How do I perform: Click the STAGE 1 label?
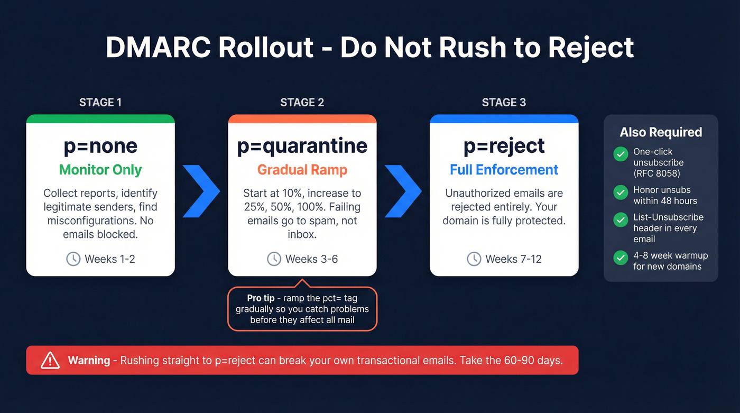point(100,103)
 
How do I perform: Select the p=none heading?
point(100,146)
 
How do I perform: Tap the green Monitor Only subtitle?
point(100,170)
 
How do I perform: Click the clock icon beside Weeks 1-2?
point(73,259)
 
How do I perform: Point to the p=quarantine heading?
point(302,146)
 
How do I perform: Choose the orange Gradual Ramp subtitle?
point(302,170)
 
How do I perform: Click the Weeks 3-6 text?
point(311,259)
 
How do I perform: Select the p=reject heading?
point(504,146)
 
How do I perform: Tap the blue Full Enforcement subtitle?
point(504,170)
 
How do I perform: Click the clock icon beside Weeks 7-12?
point(474,259)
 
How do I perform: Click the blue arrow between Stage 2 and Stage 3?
point(403,191)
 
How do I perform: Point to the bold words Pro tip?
point(261,298)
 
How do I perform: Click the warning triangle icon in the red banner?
point(50,361)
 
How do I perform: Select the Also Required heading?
point(661,132)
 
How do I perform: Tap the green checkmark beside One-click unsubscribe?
point(621,154)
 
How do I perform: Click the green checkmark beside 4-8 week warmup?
point(621,258)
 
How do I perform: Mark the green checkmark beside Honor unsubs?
point(621,192)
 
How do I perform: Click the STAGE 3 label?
point(504,103)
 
